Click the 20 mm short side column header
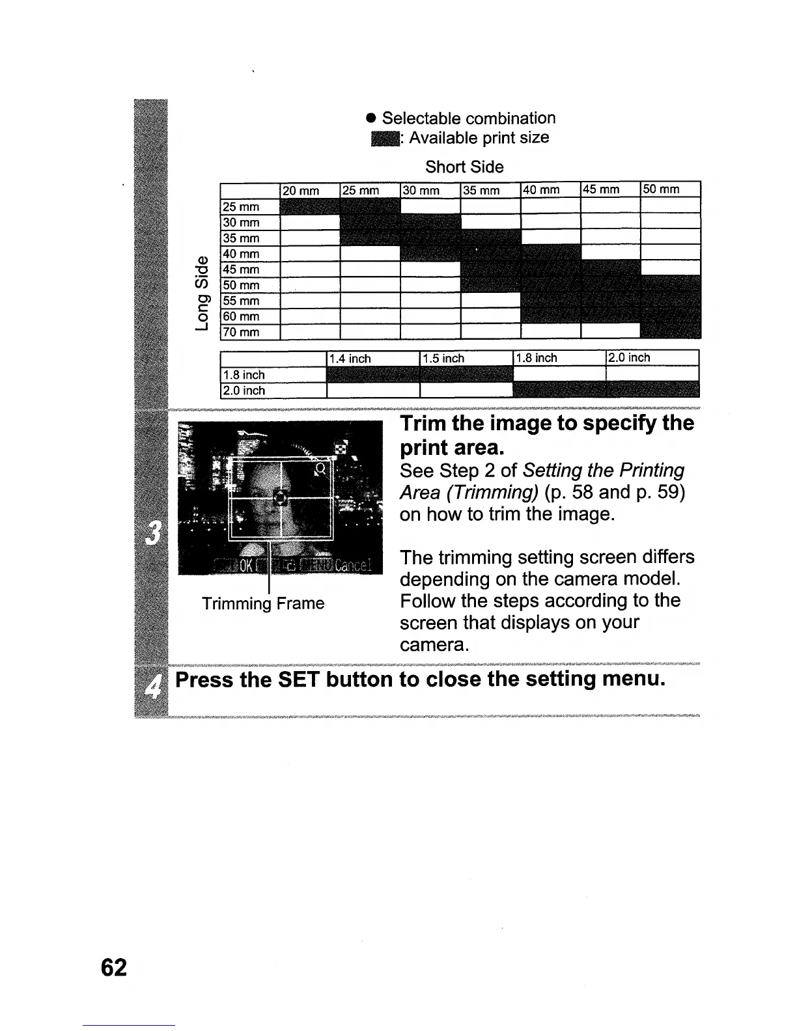300,191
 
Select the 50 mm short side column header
661,189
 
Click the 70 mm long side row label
241,333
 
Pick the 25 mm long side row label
241,207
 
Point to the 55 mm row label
241,301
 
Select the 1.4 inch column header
350,359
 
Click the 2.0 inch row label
244,391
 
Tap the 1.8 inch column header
537,358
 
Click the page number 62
114,968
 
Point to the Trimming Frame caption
263,603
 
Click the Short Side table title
464,167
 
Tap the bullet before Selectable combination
371,119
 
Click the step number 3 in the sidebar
151,534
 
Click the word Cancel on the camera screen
352,565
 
